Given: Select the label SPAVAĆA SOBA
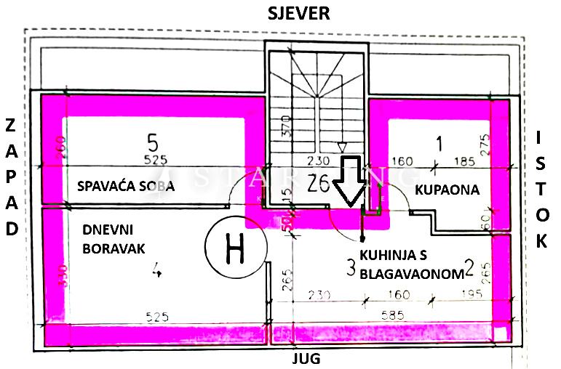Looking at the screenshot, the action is pos(126,187).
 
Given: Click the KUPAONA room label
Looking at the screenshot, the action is pos(447,190).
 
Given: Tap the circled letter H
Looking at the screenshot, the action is pos(234,249).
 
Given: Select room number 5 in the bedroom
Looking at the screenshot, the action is pos(152,139).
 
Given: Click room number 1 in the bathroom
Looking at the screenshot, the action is pos(437,143).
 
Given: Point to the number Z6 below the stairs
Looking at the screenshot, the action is pos(318,182).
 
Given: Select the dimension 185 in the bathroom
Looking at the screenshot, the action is pos(463,161).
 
